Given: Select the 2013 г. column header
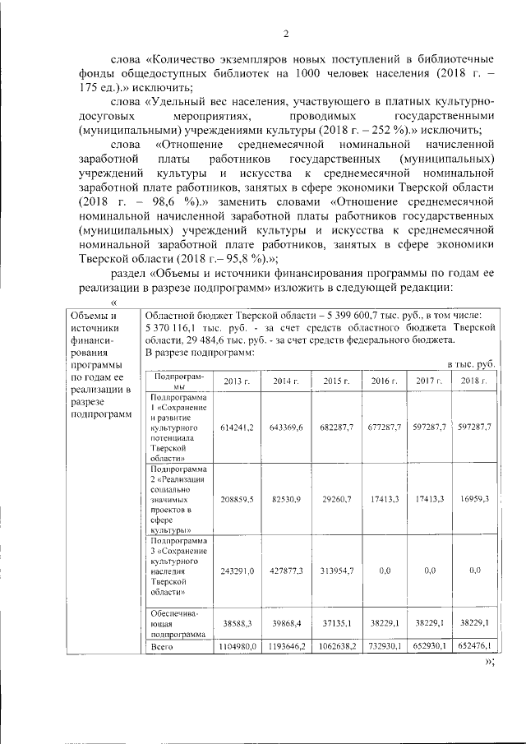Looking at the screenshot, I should (237, 381).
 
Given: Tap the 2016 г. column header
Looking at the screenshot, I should (384, 381).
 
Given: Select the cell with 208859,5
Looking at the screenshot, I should (237, 499).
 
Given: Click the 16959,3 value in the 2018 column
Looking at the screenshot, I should (474, 499).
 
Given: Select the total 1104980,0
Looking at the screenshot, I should (237, 648).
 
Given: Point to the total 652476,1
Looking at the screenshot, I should (474, 648).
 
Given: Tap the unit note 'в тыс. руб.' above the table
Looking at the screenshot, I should (470, 363).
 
